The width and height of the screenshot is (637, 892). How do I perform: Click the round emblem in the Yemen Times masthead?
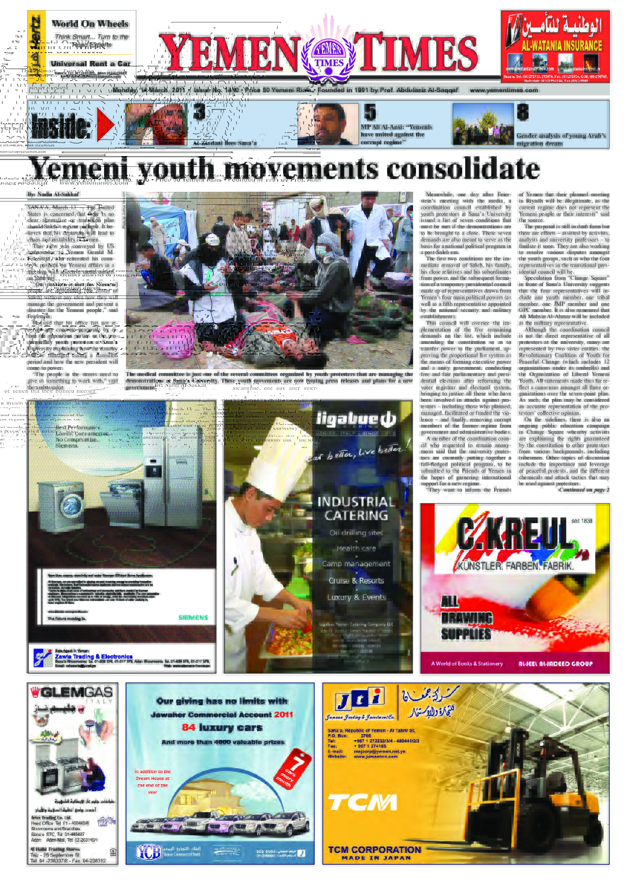329,56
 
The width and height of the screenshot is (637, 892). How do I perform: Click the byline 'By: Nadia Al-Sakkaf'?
53,194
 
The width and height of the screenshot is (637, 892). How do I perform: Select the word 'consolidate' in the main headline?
463,169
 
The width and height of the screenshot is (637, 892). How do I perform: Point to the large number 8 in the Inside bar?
522,112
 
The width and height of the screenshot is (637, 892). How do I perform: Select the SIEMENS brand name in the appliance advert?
193,618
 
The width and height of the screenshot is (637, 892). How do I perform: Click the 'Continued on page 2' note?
584,490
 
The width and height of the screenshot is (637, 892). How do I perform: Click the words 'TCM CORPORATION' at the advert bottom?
374,850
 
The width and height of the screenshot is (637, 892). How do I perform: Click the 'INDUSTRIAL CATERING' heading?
356,509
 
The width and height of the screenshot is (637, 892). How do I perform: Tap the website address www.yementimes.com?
504,90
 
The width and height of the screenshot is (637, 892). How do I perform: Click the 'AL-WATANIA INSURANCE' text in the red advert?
561,46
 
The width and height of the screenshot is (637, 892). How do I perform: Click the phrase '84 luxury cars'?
222,727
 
